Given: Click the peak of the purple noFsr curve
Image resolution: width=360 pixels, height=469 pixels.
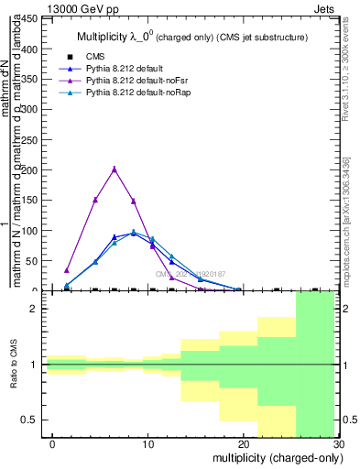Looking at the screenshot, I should pos(115,169).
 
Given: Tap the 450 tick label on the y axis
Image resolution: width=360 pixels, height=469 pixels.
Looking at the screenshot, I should pos(31,17).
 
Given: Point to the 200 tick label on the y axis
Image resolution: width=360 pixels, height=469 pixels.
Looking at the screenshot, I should pos(31,169).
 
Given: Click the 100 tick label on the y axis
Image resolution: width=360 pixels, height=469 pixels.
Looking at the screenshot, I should pos(31,231).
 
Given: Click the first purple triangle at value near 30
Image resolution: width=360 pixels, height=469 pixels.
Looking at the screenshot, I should pos(67,270).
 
